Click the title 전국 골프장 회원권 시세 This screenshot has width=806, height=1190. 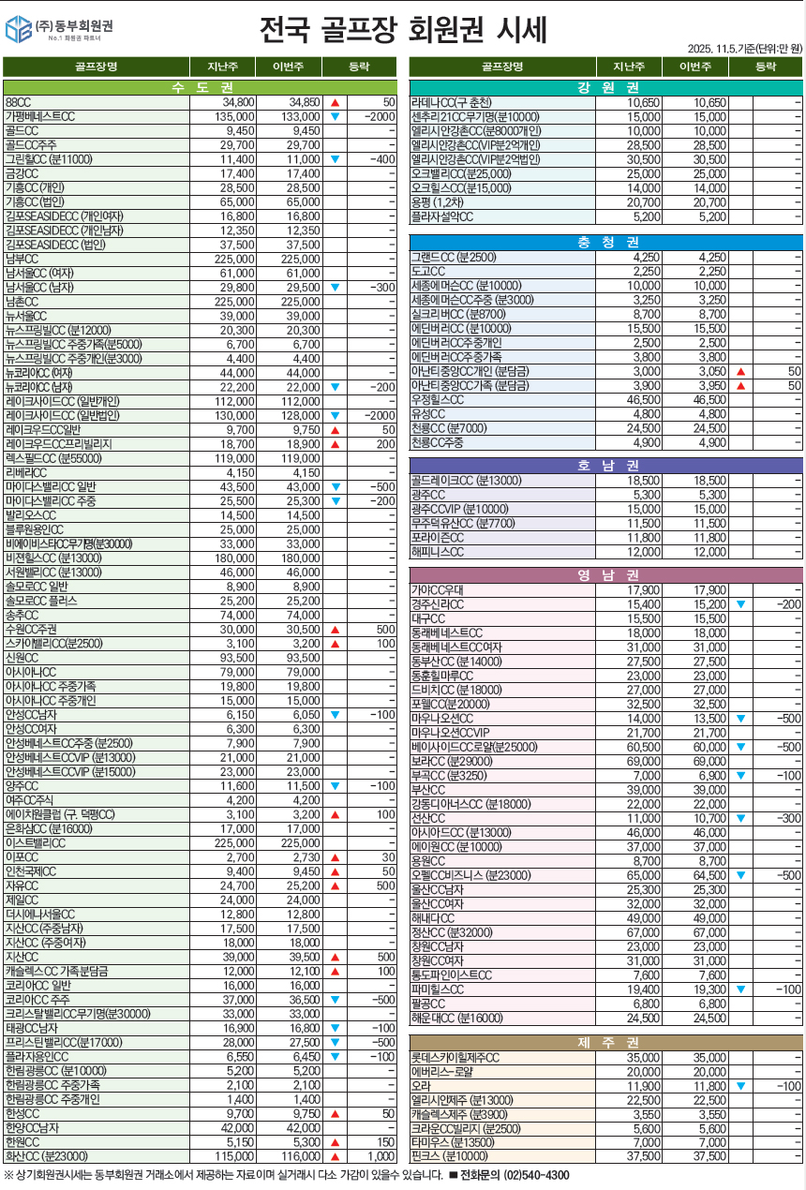click(403, 30)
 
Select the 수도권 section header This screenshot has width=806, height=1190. click(201, 87)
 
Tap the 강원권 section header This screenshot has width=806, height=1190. click(606, 87)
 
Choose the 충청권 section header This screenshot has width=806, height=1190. click(606, 243)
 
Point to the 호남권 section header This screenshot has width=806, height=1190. click(606, 465)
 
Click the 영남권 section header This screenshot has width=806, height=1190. click(606, 575)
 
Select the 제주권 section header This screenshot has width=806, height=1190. click(606, 1042)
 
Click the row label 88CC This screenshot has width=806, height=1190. click(19, 101)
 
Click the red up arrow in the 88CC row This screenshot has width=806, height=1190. click(335, 101)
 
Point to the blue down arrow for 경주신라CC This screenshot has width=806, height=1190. click(740, 604)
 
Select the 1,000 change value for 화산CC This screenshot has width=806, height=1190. click(381, 1157)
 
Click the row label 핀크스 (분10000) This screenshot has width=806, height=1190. click(450, 1156)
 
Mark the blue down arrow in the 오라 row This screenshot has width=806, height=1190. click(740, 1086)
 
